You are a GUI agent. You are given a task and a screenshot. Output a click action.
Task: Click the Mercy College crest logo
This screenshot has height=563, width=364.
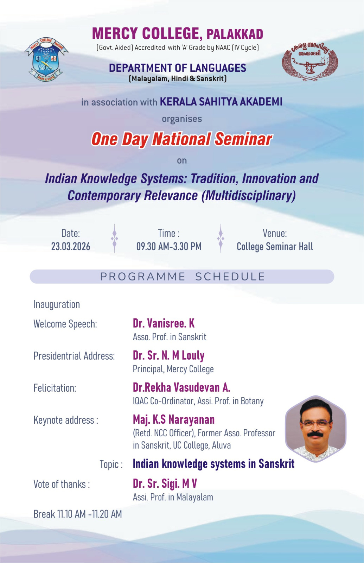click(x=46, y=59)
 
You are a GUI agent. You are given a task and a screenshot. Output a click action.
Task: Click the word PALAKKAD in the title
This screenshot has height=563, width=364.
click(x=235, y=34)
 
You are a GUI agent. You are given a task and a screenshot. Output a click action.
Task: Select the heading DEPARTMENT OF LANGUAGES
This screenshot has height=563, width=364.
click(x=177, y=68)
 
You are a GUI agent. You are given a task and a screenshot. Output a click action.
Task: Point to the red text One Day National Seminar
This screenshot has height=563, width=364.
click(x=181, y=139)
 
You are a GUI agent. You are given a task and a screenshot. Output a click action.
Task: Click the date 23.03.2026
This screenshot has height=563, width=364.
click(x=71, y=246)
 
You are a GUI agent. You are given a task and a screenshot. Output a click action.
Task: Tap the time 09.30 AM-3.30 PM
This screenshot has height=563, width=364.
click(x=169, y=246)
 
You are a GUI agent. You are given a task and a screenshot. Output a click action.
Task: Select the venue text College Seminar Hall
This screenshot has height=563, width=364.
click(x=275, y=246)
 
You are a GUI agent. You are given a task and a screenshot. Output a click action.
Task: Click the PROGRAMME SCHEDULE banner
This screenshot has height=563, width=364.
click(x=182, y=277)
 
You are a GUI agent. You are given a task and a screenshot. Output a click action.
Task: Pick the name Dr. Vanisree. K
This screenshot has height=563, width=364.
click(x=164, y=323)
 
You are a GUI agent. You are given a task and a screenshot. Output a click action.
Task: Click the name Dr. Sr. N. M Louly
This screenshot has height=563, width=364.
click(x=168, y=355)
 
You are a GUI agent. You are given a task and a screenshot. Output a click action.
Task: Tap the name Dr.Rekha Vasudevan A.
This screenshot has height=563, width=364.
click(x=181, y=387)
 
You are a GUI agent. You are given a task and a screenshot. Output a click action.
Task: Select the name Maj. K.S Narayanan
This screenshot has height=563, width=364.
click(x=174, y=419)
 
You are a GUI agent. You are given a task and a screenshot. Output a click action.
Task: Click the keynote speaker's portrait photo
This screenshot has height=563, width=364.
click(x=316, y=428)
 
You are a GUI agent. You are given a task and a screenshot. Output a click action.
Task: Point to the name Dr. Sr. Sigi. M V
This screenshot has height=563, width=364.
click(x=165, y=483)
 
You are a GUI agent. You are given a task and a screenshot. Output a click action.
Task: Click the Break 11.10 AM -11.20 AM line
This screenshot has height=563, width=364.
click(x=78, y=514)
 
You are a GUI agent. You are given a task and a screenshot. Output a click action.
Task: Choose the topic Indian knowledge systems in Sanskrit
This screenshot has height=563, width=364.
click(x=213, y=464)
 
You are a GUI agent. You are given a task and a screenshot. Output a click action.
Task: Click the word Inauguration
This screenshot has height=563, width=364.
click(x=57, y=304)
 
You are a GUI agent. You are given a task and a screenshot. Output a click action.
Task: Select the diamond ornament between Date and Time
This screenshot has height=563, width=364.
click(x=114, y=239)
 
